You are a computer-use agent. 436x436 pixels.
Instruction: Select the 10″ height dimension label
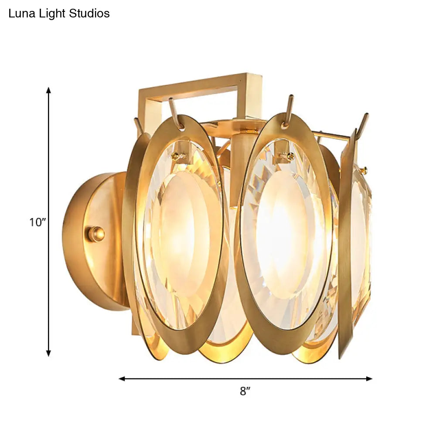click(37, 222)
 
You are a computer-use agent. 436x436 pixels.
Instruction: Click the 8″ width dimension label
click(245, 391)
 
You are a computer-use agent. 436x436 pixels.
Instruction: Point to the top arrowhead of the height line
click(49, 90)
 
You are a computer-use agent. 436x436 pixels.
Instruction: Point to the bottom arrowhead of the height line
click(49, 353)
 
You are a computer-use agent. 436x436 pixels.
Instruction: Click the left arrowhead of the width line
click(122, 379)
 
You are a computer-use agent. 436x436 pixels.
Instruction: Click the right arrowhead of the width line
click(369, 379)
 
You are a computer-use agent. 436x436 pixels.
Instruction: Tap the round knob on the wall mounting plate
click(96, 234)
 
